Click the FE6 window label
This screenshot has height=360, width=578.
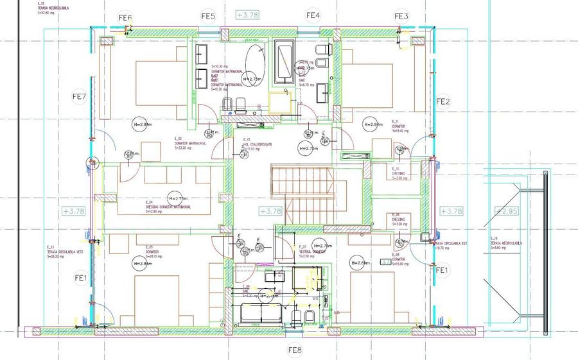tap(125, 17)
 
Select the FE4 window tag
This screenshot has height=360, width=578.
tap(313, 15)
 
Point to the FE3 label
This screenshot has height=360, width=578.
tap(401, 16)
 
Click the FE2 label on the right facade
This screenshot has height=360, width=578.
tap(443, 101)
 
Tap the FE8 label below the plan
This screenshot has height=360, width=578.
tap(295, 350)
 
